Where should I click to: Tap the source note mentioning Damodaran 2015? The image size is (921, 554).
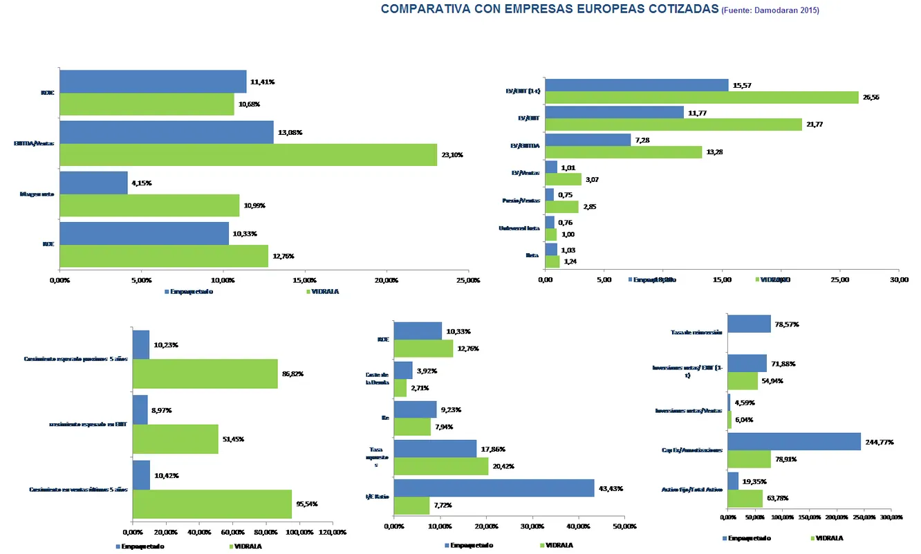click(x=770, y=10)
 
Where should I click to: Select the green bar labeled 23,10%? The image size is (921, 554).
click(x=248, y=155)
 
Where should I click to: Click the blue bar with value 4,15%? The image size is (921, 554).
click(x=94, y=183)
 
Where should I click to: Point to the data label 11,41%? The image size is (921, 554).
click(x=263, y=82)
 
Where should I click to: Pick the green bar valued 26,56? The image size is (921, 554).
click(x=702, y=98)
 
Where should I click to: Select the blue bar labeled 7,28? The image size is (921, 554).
click(x=588, y=140)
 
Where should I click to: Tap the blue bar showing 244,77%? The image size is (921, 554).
click(x=794, y=441)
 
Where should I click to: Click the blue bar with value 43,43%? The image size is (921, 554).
click(x=494, y=488)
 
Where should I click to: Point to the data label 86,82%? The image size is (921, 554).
click(x=292, y=373)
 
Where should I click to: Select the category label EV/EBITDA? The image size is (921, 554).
click(x=524, y=145)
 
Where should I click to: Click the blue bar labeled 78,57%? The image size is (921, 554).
click(x=749, y=324)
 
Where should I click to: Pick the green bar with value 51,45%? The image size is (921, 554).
click(x=176, y=439)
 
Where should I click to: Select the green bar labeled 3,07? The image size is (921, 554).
click(x=563, y=180)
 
